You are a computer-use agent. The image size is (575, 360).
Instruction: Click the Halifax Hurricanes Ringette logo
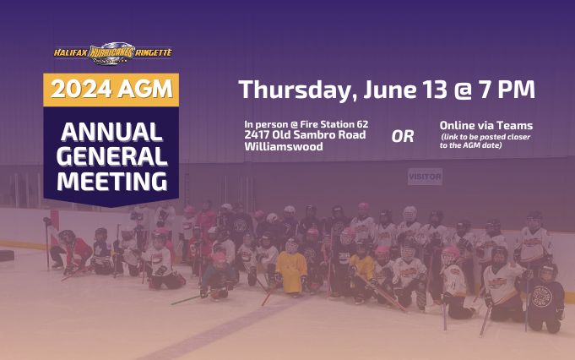[113, 53]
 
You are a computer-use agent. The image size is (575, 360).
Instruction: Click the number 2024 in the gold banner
[81, 90]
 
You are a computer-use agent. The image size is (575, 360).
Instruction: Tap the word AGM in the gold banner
[145, 90]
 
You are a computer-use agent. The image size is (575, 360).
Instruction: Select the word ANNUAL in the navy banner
[111, 132]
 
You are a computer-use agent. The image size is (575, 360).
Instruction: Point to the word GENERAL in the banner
[111, 156]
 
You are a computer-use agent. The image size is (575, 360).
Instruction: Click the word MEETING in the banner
[111, 181]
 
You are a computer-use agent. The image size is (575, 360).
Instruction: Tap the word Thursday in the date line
[297, 90]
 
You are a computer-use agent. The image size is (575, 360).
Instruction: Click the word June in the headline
[390, 90]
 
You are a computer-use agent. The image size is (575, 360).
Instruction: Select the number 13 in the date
[435, 90]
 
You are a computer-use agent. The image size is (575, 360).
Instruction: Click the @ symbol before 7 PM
[464, 90]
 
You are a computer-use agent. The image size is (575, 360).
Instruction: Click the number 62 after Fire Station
[362, 124]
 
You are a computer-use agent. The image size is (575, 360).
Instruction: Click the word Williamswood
[284, 146]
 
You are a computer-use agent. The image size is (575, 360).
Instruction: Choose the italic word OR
[402, 137]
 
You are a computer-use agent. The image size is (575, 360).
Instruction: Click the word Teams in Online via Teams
[517, 126]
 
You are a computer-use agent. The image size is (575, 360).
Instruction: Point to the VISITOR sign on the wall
[425, 177]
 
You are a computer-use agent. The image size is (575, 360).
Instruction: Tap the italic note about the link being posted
[485, 141]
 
